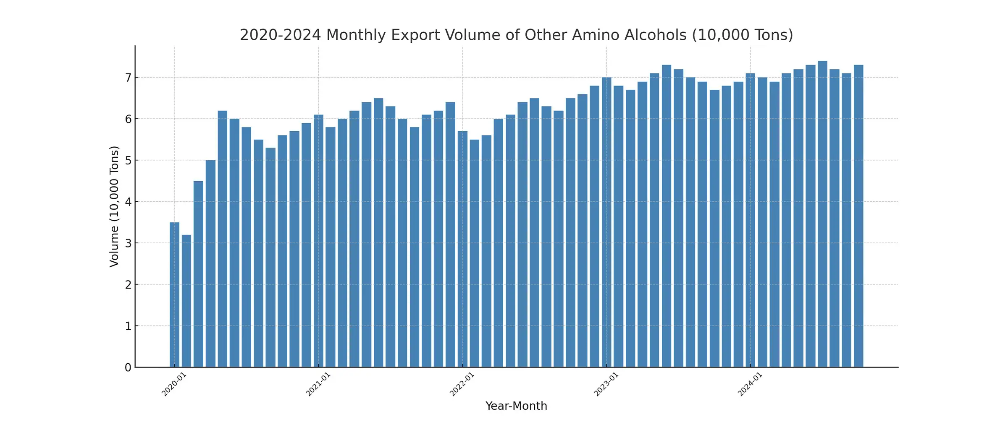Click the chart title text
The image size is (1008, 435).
point(516,35)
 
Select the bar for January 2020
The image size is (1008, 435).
point(174,294)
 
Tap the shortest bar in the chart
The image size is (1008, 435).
point(186,301)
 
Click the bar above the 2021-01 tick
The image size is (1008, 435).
point(318,241)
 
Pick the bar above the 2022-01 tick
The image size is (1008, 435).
point(462,249)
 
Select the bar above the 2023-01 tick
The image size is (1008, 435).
point(606,222)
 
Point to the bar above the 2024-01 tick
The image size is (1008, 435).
point(751,220)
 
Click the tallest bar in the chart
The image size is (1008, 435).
point(822,214)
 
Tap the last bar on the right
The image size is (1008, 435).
point(858,216)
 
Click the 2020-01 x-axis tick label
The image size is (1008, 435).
point(174,384)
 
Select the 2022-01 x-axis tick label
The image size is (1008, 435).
point(462,384)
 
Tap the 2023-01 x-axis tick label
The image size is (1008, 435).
point(606,384)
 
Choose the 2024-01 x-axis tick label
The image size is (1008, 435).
point(750,384)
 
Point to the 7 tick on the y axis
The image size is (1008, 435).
point(128,78)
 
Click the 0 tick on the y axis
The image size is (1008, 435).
point(128,368)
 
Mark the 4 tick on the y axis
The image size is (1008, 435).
point(128,202)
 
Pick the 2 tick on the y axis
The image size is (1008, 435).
point(128,285)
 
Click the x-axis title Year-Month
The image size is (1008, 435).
point(516,406)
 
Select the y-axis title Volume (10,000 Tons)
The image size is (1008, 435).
point(114,206)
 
